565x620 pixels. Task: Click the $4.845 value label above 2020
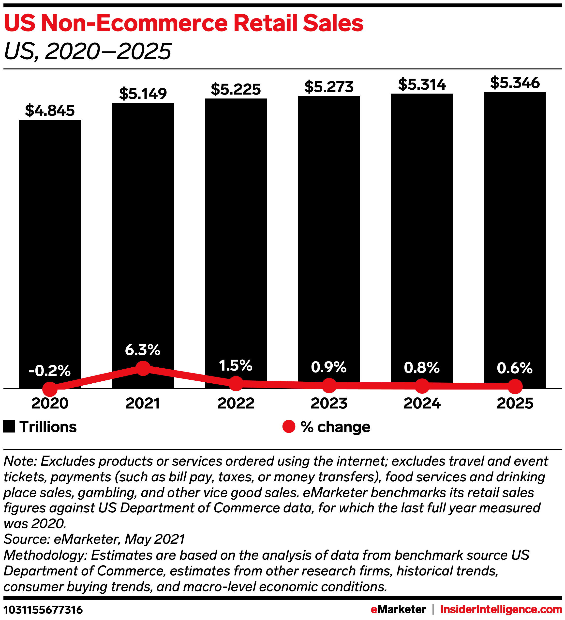(50, 110)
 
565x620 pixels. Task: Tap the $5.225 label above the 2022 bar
(236, 89)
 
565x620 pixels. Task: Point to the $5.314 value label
(422, 84)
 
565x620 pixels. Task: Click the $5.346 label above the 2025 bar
(515, 83)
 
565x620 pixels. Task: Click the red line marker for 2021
(143, 368)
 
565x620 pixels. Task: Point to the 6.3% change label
(143, 350)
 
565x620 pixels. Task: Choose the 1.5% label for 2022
(236, 365)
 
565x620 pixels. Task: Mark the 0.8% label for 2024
(422, 368)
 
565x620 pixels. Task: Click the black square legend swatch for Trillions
(9, 426)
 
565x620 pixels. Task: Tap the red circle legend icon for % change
(289, 426)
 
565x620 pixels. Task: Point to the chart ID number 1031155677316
(43, 610)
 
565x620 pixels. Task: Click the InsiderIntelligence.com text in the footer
(501, 609)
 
